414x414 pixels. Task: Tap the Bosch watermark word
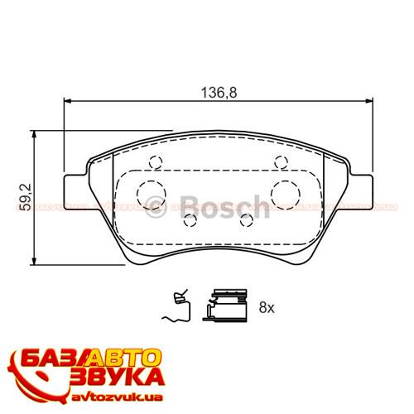coord(225,205)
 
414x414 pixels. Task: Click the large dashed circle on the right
coord(286,193)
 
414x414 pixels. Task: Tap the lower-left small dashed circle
coord(190,220)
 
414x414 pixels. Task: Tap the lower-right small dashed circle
coord(246,220)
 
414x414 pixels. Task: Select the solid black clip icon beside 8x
coord(229,304)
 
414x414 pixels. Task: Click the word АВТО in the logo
coord(127,359)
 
